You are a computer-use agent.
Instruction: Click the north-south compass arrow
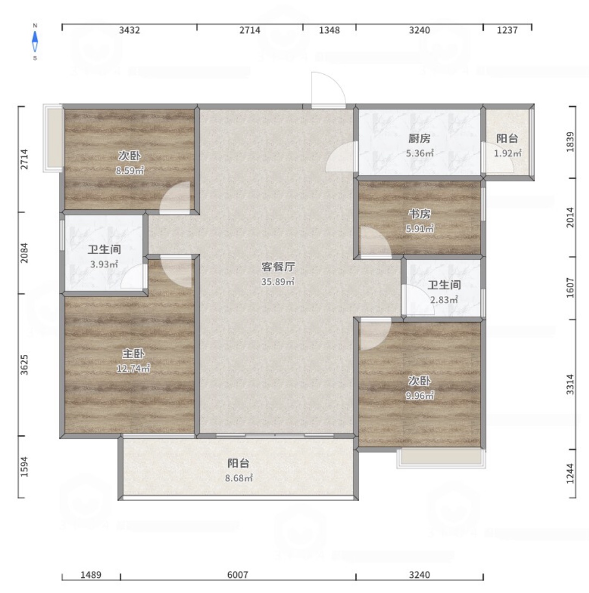tap(35, 41)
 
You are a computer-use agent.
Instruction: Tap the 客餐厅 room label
tap(278, 267)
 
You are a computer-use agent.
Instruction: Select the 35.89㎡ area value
tap(278, 282)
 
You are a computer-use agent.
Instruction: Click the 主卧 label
tap(133, 354)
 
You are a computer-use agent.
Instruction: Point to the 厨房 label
tap(419, 139)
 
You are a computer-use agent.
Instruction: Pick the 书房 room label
tap(419, 214)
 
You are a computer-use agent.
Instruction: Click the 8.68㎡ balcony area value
tap(238, 478)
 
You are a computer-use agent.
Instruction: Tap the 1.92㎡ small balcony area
tap(508, 153)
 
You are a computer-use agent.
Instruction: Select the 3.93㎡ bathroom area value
tap(104, 264)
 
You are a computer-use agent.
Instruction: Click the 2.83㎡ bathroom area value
tap(444, 300)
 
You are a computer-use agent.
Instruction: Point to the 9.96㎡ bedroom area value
tap(420, 396)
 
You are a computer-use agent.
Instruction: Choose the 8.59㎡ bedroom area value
tap(130, 170)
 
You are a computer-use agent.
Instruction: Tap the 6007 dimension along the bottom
tap(237, 575)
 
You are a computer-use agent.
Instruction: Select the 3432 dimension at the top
tap(130, 30)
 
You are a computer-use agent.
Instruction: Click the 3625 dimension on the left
tap(24, 365)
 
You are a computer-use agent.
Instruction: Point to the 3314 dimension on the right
tap(570, 384)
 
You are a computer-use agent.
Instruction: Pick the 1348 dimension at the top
tap(329, 30)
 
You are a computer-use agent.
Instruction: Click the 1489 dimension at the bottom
tap(91, 575)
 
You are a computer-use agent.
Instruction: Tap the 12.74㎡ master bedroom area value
tap(133, 368)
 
